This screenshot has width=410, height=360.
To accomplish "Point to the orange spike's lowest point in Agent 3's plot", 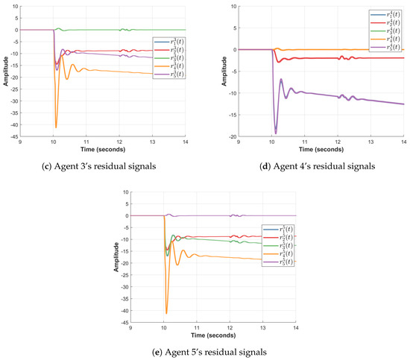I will point(56,127).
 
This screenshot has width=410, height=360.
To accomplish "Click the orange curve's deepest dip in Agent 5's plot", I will point(166,313).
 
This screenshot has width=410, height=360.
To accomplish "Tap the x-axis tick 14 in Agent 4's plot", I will point(403,142).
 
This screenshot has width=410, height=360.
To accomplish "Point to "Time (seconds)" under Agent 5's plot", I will point(212,335).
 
